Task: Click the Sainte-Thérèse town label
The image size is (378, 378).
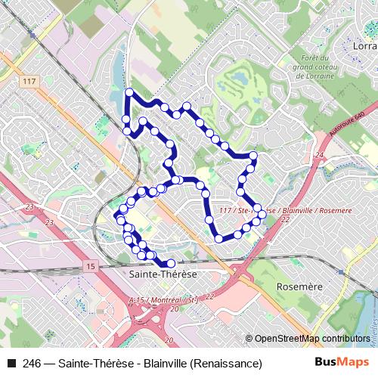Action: point(163,274)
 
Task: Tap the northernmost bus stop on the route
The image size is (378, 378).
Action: point(129,92)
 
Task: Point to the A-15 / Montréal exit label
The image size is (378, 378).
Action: point(163,300)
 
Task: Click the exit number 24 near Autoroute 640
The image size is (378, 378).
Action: point(320,154)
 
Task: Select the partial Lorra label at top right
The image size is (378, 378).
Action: point(364,47)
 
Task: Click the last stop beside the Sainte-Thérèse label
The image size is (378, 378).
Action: point(171,263)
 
